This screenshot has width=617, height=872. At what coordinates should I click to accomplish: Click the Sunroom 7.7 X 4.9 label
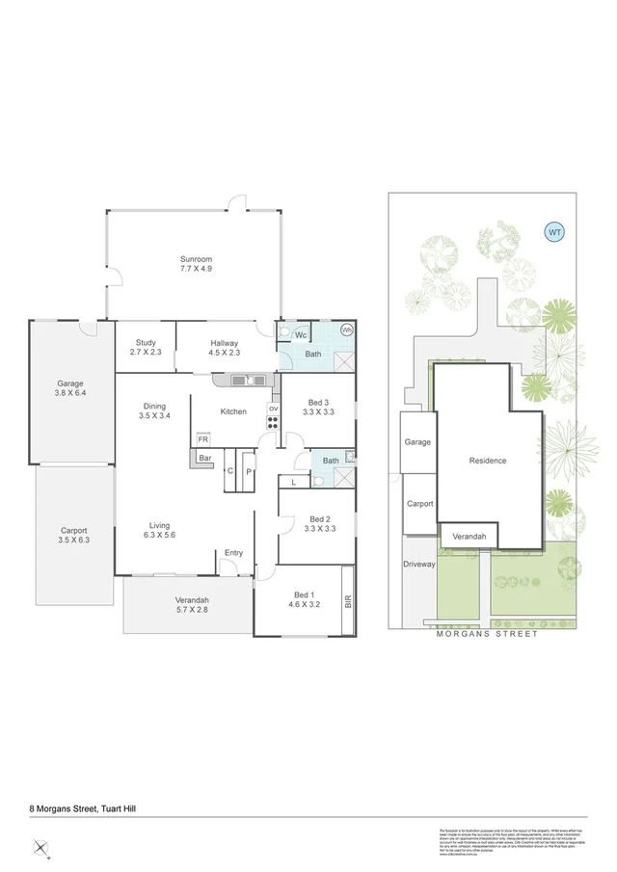pos(195,264)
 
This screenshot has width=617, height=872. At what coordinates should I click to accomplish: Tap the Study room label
pos(146,347)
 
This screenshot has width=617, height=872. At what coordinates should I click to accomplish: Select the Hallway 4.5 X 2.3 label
pos(225,348)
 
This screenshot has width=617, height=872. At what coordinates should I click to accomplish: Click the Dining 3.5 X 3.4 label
pos(155,411)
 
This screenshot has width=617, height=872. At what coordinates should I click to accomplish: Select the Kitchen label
pos(233,411)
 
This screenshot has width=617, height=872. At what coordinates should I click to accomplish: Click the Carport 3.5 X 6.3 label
pos(73,535)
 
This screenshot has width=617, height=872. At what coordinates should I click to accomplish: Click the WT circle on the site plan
pos(554,231)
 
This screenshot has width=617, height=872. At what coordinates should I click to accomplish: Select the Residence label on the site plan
pos(487,461)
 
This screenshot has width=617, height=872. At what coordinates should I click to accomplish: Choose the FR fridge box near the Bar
pos(203,439)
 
